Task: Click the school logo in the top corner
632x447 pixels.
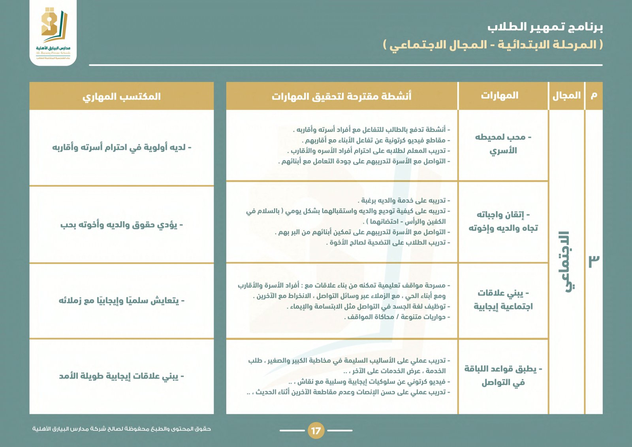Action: [53, 32]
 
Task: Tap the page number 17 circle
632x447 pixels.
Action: [316, 430]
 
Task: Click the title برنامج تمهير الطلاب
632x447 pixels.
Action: [545, 27]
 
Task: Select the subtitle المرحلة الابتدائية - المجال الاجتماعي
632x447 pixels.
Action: [493, 45]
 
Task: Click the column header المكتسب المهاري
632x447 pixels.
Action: [122, 96]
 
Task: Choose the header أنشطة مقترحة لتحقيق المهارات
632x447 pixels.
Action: [342, 96]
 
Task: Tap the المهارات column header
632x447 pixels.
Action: [500, 96]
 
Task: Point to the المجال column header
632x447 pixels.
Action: [566, 96]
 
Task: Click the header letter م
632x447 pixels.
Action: [594, 96]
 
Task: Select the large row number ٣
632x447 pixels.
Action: [594, 261]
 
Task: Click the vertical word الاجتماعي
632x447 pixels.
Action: [567, 261]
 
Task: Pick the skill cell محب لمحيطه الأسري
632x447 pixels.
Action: [503, 144]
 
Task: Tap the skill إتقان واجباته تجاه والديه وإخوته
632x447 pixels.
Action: [503, 221]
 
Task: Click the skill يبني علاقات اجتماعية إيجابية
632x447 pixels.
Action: [503, 300]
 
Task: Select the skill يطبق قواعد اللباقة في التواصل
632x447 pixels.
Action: [503, 375]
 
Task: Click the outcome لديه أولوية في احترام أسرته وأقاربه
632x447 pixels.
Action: [122, 147]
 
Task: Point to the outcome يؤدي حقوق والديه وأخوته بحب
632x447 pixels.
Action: [122, 225]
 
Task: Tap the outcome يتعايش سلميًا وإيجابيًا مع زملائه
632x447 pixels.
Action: [122, 301]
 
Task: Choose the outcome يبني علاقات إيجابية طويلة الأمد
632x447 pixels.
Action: [122, 376]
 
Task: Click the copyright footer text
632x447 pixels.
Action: [122, 429]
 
